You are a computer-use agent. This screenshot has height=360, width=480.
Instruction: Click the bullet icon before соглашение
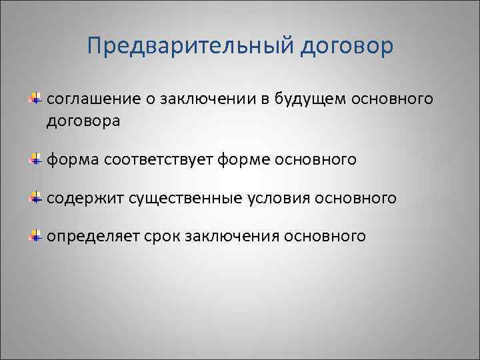click(35, 99)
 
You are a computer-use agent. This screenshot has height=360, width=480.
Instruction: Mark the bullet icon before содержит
click(35, 198)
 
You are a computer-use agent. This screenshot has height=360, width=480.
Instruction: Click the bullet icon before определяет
click(35, 236)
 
